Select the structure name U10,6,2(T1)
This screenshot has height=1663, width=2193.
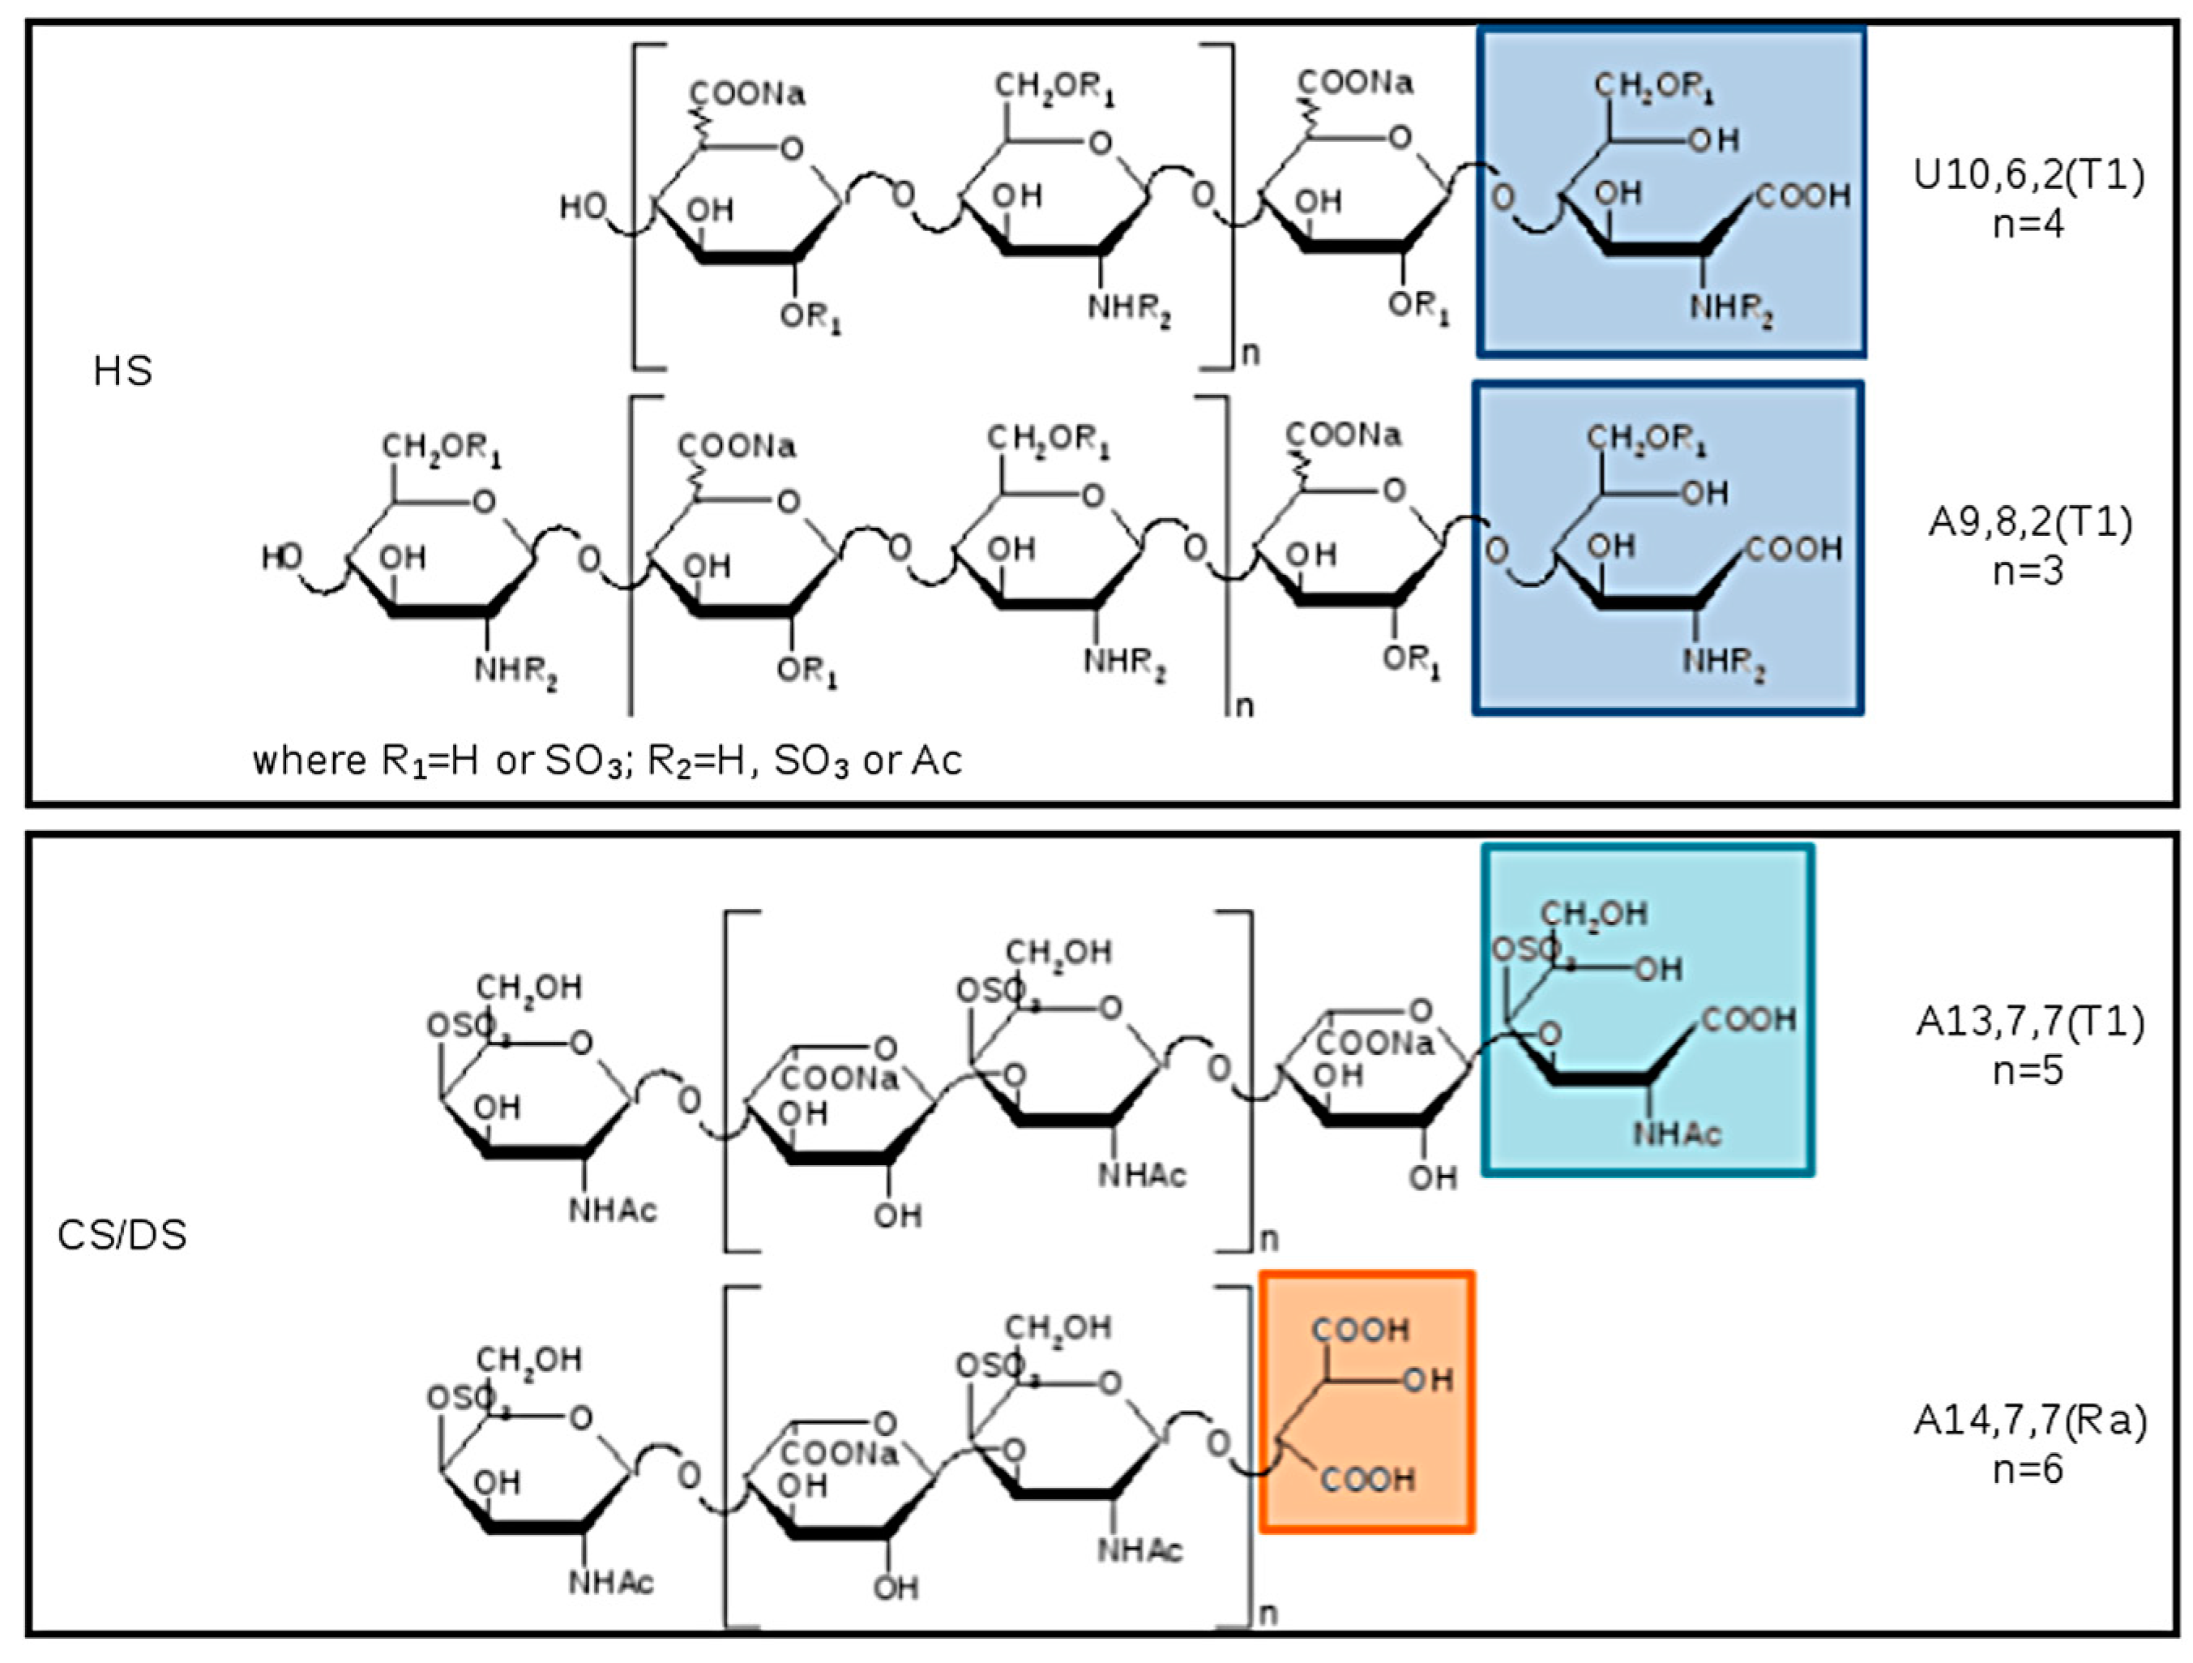tap(2028, 175)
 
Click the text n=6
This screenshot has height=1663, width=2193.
tap(2028, 1468)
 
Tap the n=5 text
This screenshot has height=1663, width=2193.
tap(2028, 1071)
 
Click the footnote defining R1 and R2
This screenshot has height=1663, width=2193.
tap(607, 761)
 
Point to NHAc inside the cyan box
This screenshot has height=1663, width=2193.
tap(1677, 1134)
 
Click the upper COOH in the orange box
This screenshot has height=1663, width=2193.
tap(1359, 1330)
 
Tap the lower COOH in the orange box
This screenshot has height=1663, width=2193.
tap(1367, 1481)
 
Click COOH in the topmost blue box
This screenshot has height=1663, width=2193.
tap(1803, 196)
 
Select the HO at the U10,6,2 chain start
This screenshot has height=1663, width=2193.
tap(582, 208)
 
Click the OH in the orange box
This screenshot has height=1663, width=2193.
tap(1428, 1379)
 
